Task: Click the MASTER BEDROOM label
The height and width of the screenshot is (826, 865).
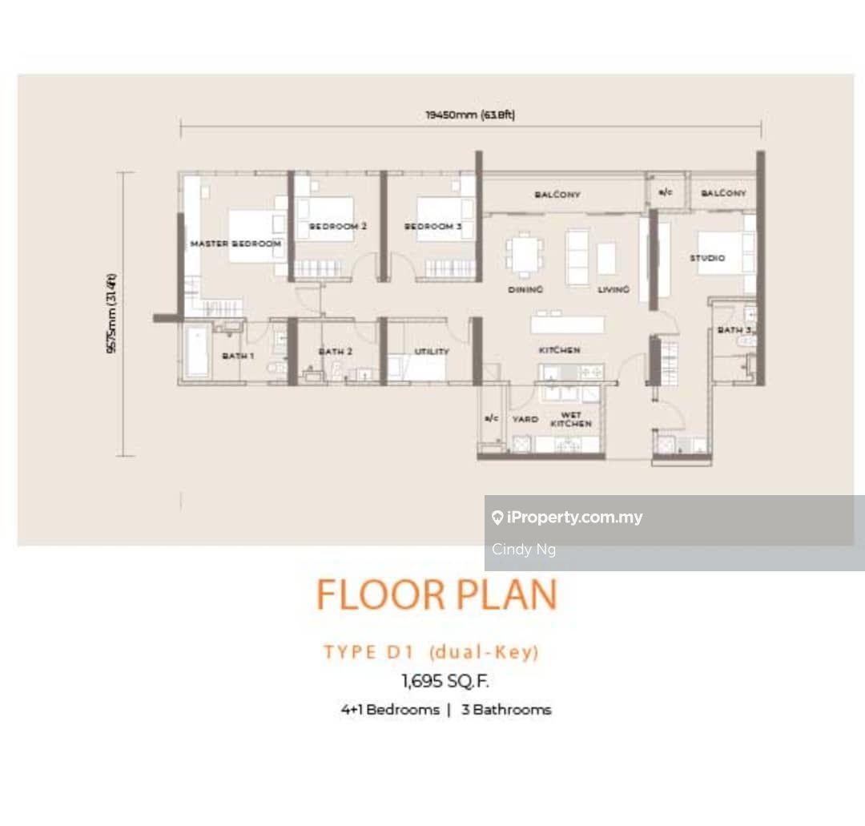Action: (x=235, y=244)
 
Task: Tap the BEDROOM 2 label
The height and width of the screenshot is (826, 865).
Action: (x=338, y=226)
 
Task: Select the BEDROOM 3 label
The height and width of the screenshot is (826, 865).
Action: (x=433, y=226)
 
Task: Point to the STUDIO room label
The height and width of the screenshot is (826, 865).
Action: (x=707, y=258)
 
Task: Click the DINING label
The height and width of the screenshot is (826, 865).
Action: (x=525, y=289)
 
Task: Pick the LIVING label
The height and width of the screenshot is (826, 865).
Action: (x=614, y=289)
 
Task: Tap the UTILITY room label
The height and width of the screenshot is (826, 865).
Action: (x=432, y=352)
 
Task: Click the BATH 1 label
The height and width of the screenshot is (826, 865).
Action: (x=238, y=356)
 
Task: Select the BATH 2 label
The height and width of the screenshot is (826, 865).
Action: (x=336, y=352)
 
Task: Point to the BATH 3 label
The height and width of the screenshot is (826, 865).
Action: (x=734, y=330)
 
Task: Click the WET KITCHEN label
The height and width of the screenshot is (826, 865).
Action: (x=571, y=419)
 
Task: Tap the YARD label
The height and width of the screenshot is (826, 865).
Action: (x=525, y=419)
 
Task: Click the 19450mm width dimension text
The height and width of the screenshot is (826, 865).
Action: (x=470, y=115)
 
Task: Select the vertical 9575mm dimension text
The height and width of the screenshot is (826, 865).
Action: (x=111, y=312)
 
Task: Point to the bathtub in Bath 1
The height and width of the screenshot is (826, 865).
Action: (x=196, y=352)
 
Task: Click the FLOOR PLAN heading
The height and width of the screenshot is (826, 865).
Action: (x=437, y=594)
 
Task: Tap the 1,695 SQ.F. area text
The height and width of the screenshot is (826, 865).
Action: (x=445, y=681)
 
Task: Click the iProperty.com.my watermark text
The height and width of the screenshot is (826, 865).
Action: (x=574, y=517)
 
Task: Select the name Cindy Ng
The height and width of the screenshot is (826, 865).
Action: (x=524, y=550)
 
